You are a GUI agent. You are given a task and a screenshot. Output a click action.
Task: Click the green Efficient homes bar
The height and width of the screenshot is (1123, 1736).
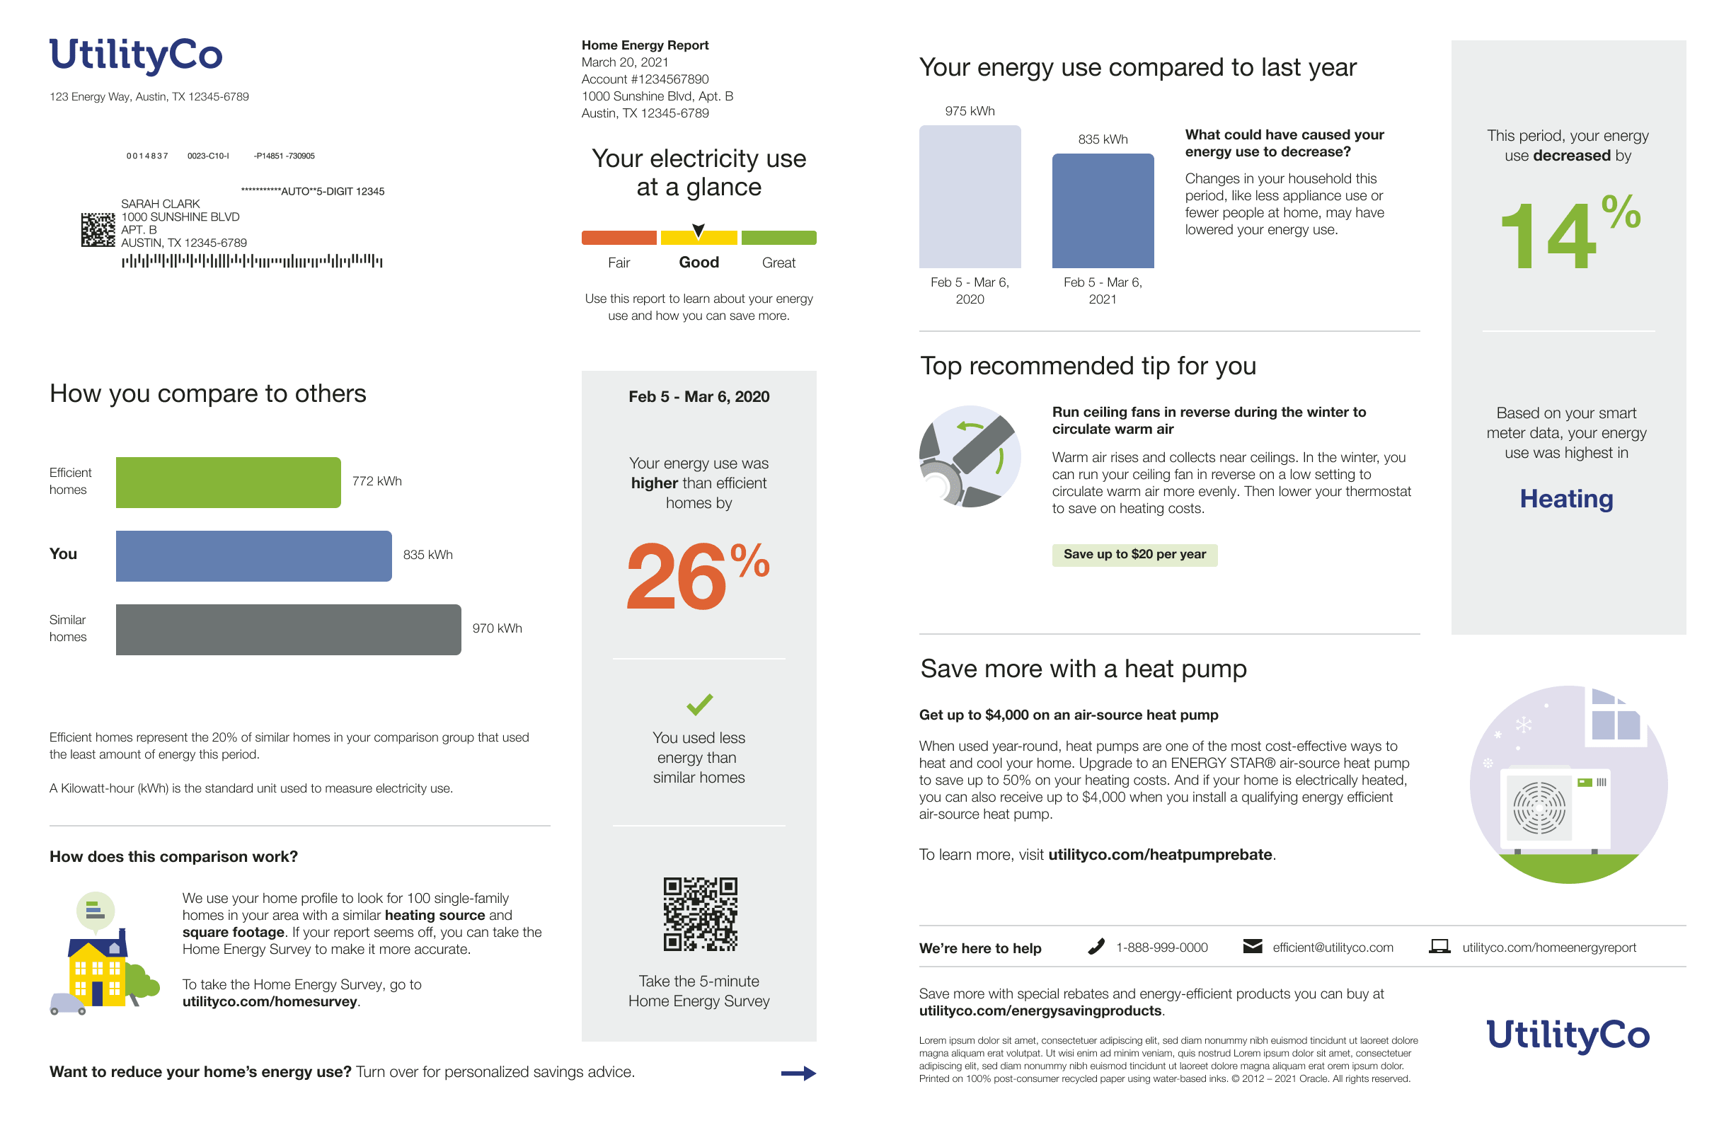point(227,482)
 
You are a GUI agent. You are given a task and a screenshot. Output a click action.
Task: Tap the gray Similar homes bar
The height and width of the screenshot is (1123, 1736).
point(288,629)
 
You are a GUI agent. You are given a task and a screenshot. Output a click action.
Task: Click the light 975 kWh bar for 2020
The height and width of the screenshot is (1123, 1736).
point(969,197)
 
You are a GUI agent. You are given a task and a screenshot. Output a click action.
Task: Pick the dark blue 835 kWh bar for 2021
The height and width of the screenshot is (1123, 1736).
point(1102,211)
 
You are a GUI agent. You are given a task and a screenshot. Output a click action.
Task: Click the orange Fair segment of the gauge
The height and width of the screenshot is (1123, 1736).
point(619,238)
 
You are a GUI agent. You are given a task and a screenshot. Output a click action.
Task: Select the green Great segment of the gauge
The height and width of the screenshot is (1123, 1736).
point(778,238)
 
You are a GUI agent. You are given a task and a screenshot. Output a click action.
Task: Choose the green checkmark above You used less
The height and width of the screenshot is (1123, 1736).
point(699,703)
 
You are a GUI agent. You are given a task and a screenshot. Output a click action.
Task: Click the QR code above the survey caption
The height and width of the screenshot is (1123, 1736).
point(699,914)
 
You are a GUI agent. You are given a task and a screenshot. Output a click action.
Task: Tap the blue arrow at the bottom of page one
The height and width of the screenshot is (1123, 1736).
point(798,1073)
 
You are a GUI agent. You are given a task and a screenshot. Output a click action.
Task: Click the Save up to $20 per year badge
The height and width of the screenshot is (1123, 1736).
point(1134,554)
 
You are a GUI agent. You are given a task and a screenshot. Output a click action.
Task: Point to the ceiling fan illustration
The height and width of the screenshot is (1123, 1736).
point(969,456)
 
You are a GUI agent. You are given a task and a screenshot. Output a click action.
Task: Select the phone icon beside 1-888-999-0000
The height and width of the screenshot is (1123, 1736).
point(1095,947)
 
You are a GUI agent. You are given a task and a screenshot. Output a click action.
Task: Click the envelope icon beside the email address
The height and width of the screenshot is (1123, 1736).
point(1252,947)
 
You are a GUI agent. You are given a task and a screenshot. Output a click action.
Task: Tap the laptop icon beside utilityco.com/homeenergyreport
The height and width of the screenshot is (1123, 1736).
point(1439,947)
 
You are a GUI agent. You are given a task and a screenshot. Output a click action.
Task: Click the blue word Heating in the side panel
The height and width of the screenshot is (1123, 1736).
point(1566,499)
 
